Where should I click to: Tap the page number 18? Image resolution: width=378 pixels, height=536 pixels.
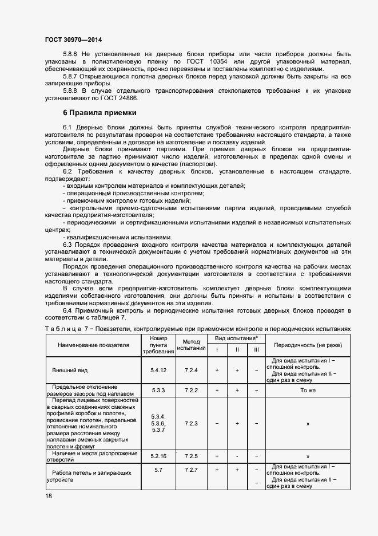tap(48, 496)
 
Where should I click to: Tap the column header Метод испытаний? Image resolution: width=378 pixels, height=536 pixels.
tap(191, 345)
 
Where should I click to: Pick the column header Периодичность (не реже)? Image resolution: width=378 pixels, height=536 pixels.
tap(304, 346)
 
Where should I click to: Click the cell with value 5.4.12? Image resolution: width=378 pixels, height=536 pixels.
tap(158, 371)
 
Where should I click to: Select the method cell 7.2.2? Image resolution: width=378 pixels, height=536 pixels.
tap(191, 390)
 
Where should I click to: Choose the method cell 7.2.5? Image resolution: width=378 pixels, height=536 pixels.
tap(191, 456)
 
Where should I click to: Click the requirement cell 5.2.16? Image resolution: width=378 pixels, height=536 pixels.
tap(158, 456)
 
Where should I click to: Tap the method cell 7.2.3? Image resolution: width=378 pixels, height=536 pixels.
tap(191, 423)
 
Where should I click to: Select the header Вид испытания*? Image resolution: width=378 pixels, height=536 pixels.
tap(237, 339)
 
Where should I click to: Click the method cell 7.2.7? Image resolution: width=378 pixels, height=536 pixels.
tap(191, 470)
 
